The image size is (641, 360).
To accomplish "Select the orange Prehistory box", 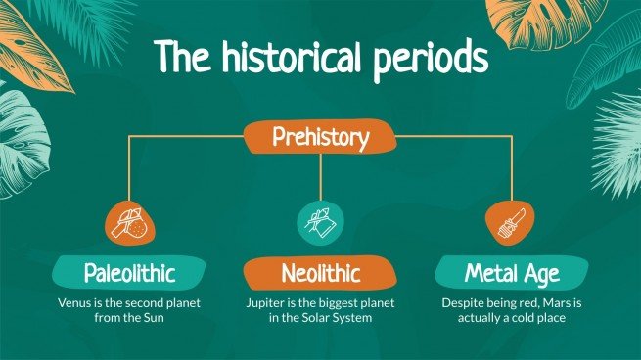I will point(321,138).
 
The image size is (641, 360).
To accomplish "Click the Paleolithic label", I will point(129,272).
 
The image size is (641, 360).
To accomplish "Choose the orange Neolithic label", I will point(321,272).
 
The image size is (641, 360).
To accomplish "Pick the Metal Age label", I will point(511,272).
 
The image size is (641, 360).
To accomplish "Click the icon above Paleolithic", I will point(130,221).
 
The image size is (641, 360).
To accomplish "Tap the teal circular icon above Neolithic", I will point(321,221).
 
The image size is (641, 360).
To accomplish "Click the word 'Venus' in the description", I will point(73,302).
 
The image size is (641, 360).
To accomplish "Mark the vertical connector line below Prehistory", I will point(321,176).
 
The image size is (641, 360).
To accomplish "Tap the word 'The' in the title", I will point(181,60).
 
